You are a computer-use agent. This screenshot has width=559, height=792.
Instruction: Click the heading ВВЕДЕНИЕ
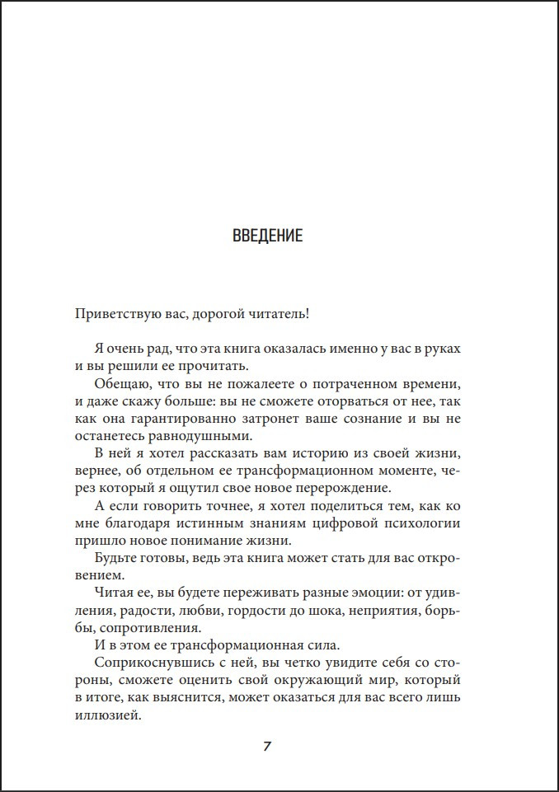[x=267, y=237]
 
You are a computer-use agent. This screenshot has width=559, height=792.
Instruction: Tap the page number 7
[x=267, y=747]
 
